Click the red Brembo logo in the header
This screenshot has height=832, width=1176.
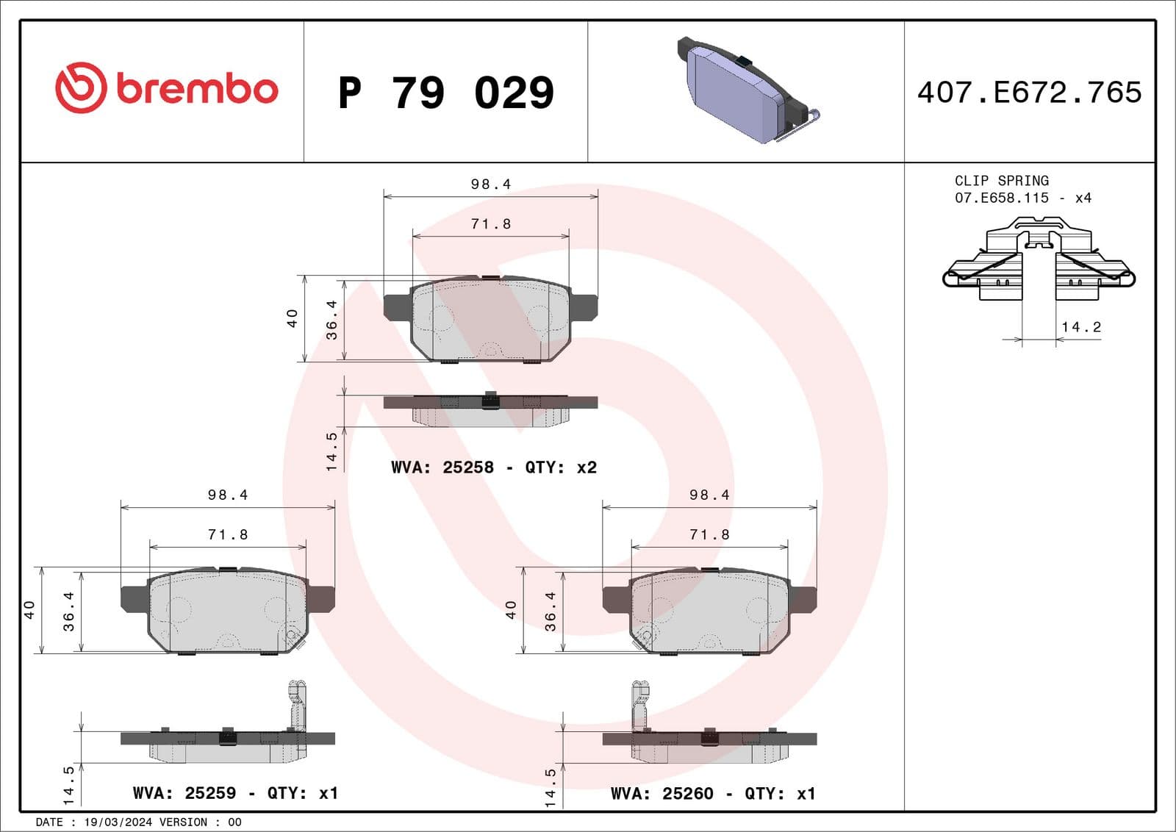pos(166,88)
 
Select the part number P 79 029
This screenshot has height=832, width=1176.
pos(445,93)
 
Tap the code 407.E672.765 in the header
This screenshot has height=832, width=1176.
pos(1029,93)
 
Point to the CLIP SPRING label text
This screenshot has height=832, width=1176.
pos(1001,181)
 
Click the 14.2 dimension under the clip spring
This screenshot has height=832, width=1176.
pos(1080,327)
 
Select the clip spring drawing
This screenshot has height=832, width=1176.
pos(1038,261)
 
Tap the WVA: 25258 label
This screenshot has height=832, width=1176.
pos(442,467)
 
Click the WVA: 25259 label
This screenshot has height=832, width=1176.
pos(184,793)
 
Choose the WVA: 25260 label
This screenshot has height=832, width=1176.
pos(661,794)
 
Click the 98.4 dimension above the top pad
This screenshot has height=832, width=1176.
pos(490,184)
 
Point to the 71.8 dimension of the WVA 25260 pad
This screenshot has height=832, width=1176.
pos(709,535)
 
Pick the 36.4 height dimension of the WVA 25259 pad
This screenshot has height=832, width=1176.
pos(69,612)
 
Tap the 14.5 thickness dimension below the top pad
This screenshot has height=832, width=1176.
pos(331,451)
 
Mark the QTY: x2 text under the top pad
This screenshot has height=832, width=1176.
pos(560,467)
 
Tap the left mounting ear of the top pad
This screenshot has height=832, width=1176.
pos(397,306)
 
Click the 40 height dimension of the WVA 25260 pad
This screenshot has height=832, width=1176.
pos(511,609)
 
